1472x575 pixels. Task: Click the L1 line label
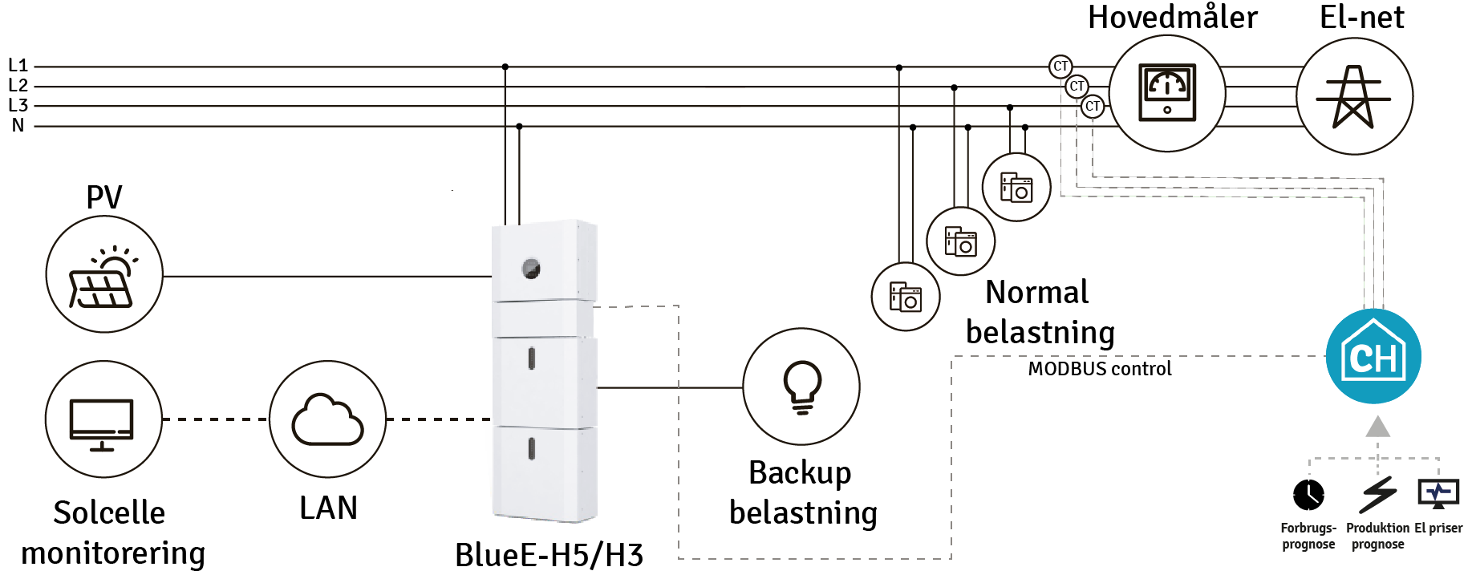18,66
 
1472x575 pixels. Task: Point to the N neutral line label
18,126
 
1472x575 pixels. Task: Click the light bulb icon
801,387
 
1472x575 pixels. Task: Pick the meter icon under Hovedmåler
1167,93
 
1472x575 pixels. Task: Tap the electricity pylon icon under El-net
1354,97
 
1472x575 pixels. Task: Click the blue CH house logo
1373,356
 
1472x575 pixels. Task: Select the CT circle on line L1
1060,67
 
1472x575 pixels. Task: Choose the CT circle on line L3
1093,106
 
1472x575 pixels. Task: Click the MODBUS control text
1100,369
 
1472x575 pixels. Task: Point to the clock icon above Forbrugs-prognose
1308,494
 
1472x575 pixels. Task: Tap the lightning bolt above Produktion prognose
1378,494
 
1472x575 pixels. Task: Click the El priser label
1438,528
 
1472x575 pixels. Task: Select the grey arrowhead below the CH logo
1377,427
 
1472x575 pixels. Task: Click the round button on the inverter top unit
531,269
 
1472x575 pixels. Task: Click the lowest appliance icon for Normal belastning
906,297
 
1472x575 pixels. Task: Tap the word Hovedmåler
1172,18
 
